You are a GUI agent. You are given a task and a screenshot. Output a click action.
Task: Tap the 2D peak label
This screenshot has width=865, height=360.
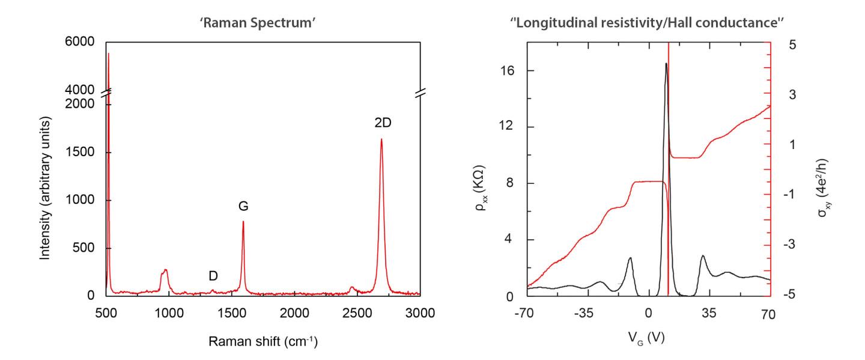(383, 123)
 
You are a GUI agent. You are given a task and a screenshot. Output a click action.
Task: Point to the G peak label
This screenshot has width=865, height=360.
(243, 206)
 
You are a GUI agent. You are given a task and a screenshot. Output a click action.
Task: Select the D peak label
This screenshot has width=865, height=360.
(213, 276)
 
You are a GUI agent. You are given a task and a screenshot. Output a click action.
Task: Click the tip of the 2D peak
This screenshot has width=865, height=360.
(381, 139)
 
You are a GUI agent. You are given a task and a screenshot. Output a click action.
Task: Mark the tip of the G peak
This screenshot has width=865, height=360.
(243, 221)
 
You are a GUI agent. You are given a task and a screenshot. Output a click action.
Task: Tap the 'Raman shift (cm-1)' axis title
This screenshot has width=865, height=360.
(263, 342)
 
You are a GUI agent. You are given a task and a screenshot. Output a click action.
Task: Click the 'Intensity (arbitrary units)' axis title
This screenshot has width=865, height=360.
(45, 189)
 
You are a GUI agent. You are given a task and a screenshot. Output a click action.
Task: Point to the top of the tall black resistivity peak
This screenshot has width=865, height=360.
(666, 63)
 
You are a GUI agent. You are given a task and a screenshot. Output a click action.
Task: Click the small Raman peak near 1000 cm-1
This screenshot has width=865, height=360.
(165, 270)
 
